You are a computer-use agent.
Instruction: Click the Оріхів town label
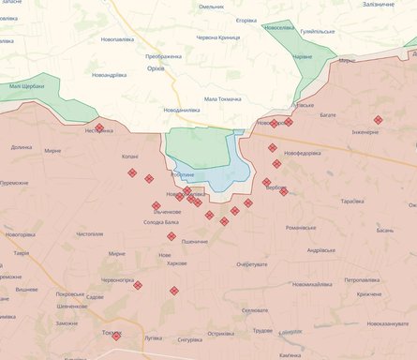pos(156,68)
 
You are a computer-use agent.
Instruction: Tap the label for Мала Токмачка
pos(223,98)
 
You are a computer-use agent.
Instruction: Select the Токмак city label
pos(112,333)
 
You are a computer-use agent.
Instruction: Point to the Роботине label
pos(184,175)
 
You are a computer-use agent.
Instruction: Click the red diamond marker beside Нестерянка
pos(99,127)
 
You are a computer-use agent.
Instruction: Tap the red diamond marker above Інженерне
pos(378,120)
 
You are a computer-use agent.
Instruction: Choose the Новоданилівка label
pos(181,110)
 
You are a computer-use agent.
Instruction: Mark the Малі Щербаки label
pos(28,86)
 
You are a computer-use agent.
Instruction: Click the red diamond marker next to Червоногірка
pos(138,285)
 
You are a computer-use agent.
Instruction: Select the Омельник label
pos(211,7)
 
